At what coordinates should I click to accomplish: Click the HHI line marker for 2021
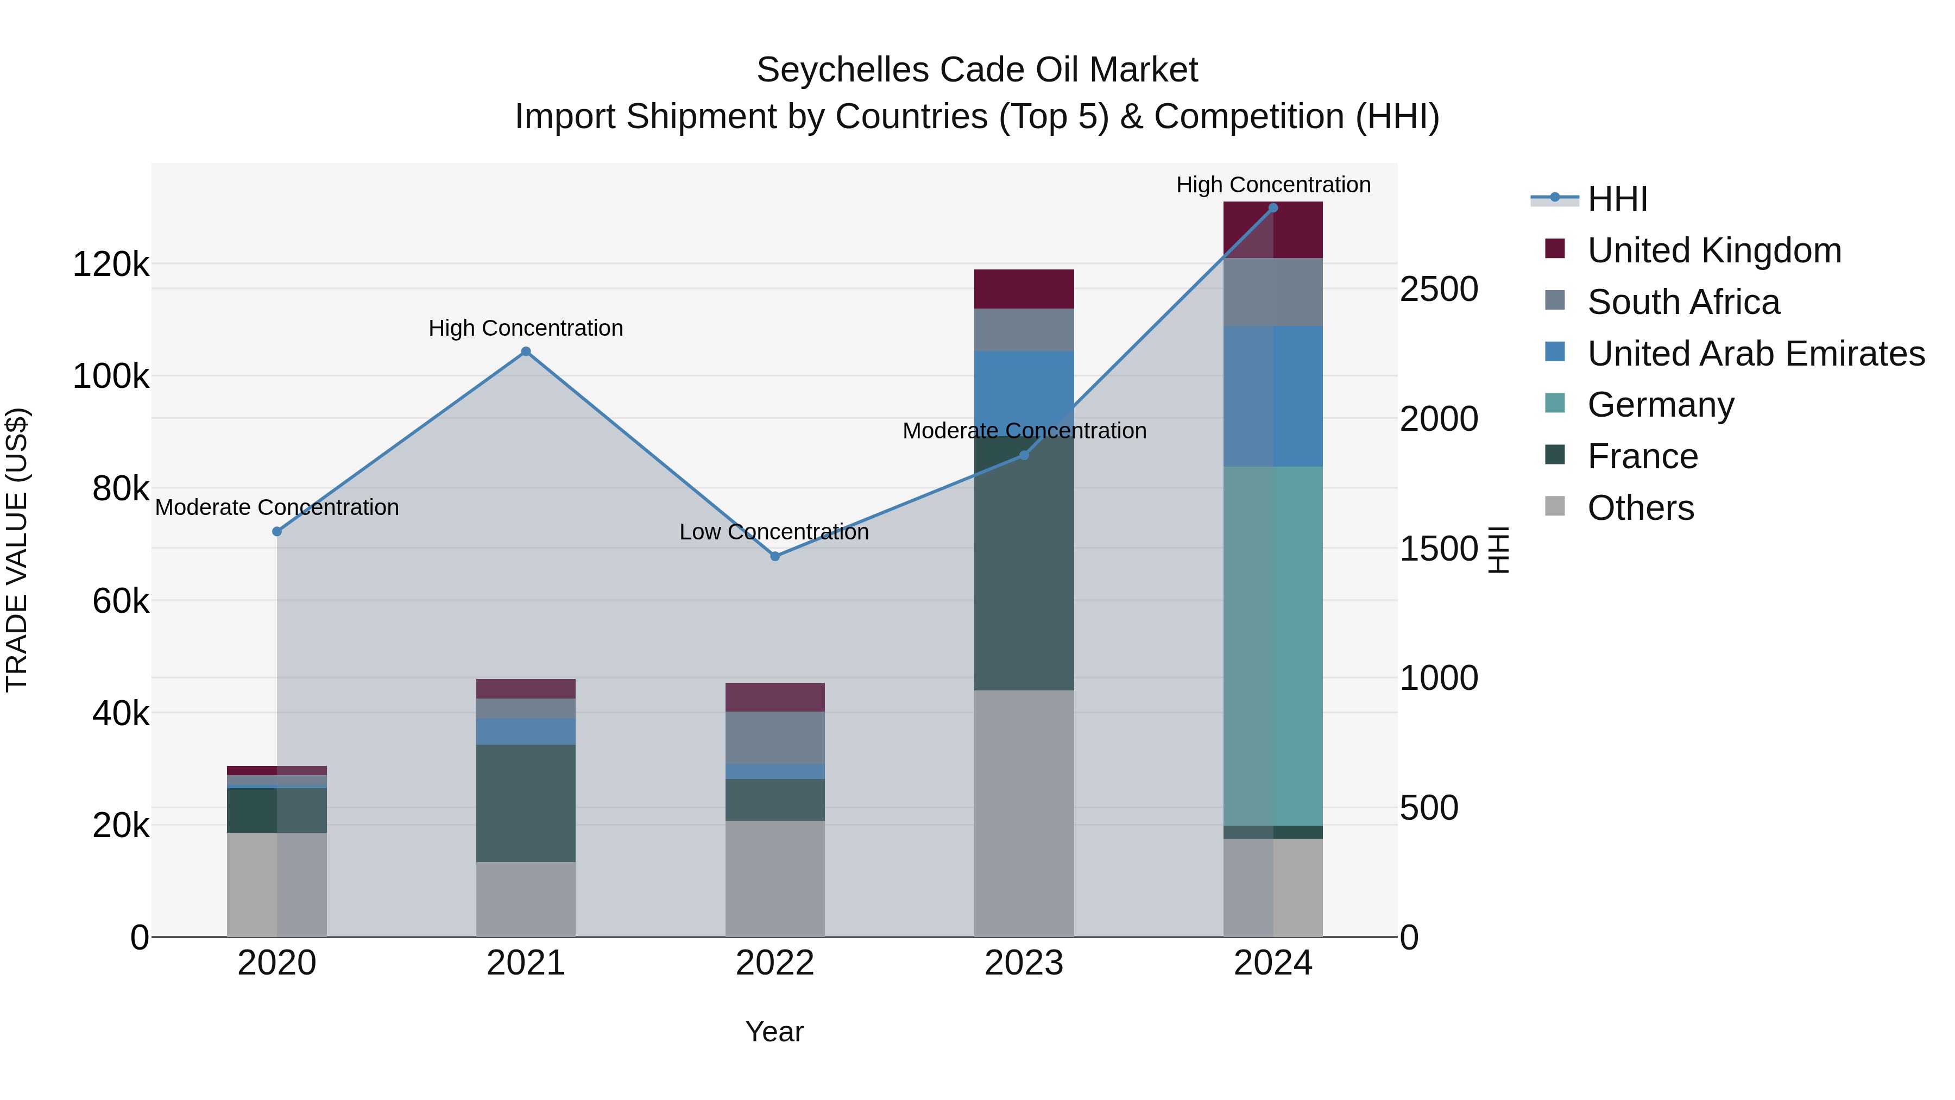coord(525,351)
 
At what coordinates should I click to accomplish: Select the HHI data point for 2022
coord(775,556)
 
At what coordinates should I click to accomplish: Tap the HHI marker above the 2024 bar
coord(1273,208)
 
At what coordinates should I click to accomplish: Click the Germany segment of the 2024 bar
coord(1273,645)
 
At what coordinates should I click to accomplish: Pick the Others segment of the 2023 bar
coord(1024,812)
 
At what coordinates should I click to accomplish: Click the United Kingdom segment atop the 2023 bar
coord(1024,288)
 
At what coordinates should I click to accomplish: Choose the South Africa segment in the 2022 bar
coord(775,737)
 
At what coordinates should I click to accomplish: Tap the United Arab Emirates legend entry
coord(1755,354)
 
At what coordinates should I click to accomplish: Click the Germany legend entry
coord(1661,405)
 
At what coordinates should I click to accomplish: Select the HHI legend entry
coord(1617,199)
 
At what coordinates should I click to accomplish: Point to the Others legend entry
coord(1640,508)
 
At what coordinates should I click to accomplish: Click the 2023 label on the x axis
coord(1024,963)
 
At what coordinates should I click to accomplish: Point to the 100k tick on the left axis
coord(111,376)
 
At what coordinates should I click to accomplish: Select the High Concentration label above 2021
coord(525,328)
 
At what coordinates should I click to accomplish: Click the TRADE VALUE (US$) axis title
coord(17,550)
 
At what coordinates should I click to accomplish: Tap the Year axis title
coord(774,1032)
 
